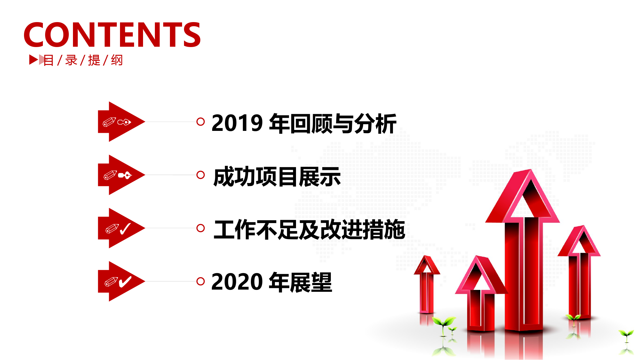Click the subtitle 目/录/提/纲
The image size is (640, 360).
83,60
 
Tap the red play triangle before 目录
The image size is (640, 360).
33,60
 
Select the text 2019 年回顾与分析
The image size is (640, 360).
304,124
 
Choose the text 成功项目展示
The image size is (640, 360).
277,177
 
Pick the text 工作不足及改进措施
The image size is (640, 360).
309,230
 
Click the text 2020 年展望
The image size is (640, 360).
272,282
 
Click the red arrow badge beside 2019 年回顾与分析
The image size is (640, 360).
121,122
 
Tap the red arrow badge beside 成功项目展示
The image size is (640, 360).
121,175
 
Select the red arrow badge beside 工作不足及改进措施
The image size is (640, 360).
121,228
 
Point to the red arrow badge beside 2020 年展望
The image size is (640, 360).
121,281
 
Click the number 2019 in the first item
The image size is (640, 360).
237,124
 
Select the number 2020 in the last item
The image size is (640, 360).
237,282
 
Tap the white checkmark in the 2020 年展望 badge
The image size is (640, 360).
125,282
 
